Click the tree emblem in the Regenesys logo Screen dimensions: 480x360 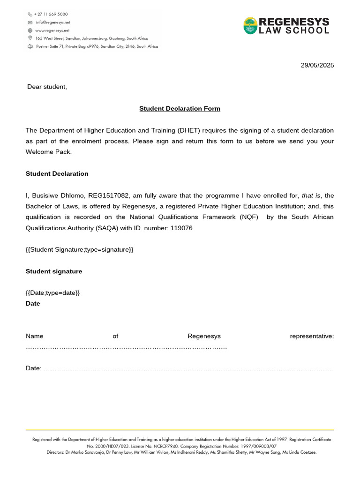pos(250,25)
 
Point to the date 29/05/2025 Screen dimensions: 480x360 pos(317,65)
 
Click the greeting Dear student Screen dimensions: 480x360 pos(47,87)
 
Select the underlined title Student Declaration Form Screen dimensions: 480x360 pos(180,109)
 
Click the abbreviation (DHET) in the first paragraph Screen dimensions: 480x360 pos(190,130)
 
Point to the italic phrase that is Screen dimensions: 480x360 pos(311,195)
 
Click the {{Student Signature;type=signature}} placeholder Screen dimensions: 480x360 pos(80,249)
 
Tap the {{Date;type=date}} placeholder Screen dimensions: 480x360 pos(53,293)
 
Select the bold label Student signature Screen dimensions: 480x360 pos(54,271)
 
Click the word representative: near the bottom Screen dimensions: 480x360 pos(312,336)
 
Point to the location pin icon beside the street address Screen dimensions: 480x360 pos(30,38)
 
